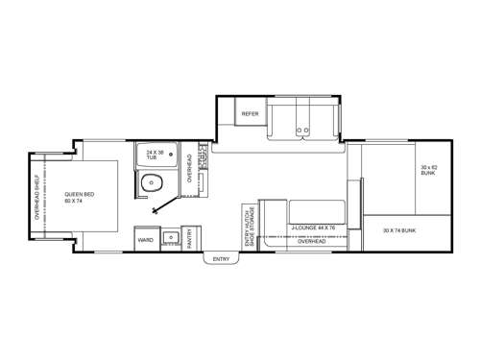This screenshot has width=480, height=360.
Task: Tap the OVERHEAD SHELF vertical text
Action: tap(37, 198)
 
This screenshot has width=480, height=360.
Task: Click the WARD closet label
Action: tap(146, 239)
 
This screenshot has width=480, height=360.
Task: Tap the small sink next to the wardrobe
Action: tap(171, 236)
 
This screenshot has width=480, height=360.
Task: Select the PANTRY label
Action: tap(191, 239)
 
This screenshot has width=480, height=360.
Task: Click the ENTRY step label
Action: tap(221, 259)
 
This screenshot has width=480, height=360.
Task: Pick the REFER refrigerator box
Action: tap(250, 114)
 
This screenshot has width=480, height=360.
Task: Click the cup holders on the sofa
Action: tap(304, 130)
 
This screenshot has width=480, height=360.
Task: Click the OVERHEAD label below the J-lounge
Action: tap(312, 242)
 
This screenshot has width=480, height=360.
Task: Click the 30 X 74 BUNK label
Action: tap(399, 230)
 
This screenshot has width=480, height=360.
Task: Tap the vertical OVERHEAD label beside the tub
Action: tap(190, 167)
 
